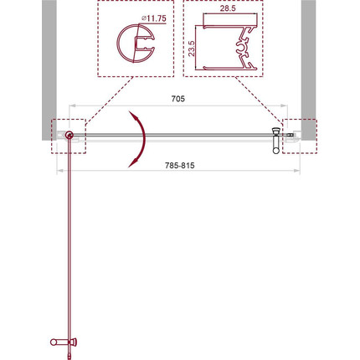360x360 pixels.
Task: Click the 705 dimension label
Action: [x=177, y=99]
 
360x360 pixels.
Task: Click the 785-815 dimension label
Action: [x=179, y=166]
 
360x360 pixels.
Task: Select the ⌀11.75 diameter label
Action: [x=153, y=18]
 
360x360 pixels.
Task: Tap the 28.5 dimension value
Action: [x=228, y=8]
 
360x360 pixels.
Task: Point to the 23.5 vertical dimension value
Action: [x=192, y=49]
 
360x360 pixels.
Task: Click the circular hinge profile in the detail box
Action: [x=117, y=44]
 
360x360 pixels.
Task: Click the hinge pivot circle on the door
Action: [x=69, y=136]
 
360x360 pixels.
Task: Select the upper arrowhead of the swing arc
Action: [x=135, y=116]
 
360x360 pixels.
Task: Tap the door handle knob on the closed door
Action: [x=275, y=151]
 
